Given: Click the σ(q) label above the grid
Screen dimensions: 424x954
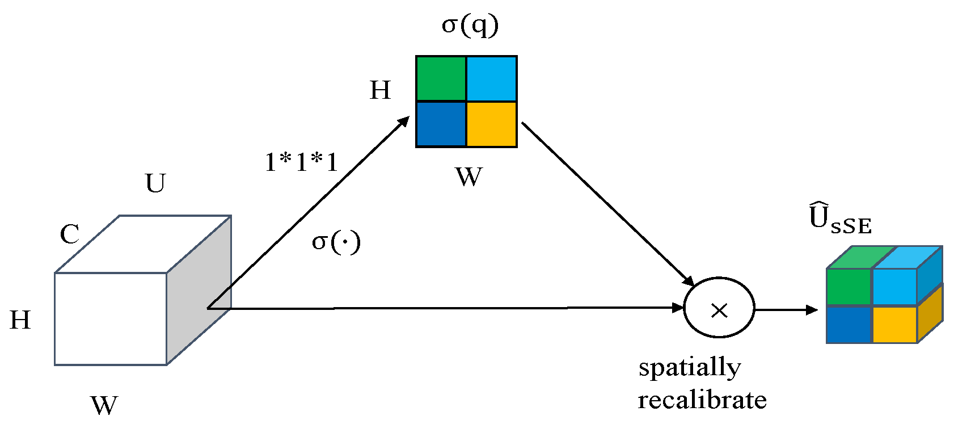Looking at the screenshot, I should click(470, 26).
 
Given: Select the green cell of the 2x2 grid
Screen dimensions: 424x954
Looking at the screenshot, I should click(441, 79).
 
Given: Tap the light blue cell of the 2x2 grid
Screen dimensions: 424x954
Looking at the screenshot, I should click(491, 79).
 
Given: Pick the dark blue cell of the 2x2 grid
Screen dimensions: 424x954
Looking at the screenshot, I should click(441, 124).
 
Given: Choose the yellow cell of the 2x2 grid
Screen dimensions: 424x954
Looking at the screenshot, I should click(491, 124).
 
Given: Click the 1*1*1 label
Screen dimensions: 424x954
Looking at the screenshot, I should click(301, 163).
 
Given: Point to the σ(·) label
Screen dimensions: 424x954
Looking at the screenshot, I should click(336, 242).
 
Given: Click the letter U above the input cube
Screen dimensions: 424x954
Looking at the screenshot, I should click(155, 183).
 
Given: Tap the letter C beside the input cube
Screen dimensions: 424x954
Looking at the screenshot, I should click(69, 234).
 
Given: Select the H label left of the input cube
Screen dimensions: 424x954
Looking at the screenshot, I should click(20, 321).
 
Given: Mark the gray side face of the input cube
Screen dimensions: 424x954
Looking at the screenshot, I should click(199, 289).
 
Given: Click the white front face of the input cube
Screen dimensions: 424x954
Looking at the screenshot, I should click(111, 318).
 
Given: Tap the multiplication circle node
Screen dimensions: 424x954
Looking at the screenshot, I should click(719, 308).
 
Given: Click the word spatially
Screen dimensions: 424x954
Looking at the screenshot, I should click(689, 368).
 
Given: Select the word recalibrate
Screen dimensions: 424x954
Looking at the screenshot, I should click(702, 400).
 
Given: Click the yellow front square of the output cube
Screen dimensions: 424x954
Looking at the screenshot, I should click(894, 324).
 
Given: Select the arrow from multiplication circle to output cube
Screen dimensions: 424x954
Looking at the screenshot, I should click(786, 310).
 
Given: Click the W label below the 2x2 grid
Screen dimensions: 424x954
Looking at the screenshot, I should click(468, 177).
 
